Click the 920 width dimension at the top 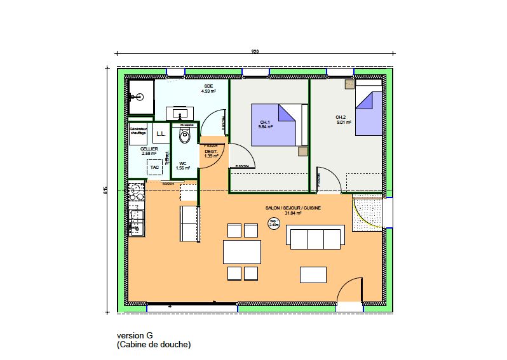coord(255,51)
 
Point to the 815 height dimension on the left coord(106,189)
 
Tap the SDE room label coord(208,88)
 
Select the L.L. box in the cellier coord(161,134)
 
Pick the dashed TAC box coord(154,166)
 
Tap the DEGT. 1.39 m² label coord(211,154)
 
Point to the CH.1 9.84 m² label coord(265,124)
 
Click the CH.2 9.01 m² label coord(341,119)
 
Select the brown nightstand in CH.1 coord(302,151)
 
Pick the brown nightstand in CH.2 coord(349,84)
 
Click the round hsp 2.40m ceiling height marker coord(274,223)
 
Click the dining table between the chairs coord(241,251)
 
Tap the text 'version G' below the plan coord(135,336)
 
